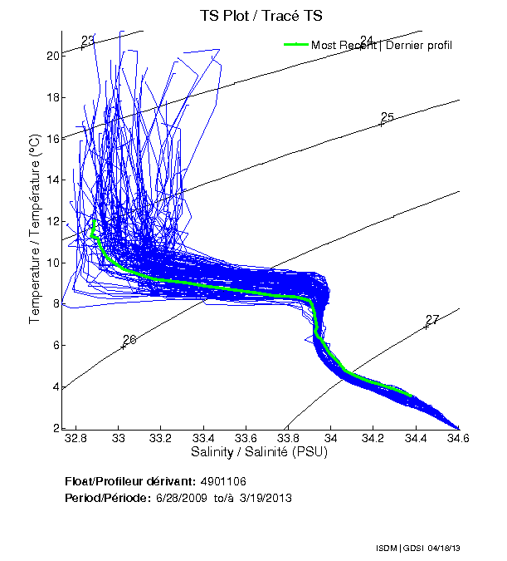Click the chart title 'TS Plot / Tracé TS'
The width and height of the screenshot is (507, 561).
(x=261, y=16)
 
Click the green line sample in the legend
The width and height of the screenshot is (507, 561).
(x=296, y=45)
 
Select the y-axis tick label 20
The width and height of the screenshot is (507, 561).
(x=52, y=56)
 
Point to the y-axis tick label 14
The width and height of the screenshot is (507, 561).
(x=52, y=180)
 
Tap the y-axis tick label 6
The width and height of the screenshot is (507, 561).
(x=56, y=345)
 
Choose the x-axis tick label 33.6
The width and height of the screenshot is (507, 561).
(x=246, y=438)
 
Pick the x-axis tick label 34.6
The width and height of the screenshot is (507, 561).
(x=457, y=438)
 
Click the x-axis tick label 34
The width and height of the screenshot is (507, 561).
(x=330, y=438)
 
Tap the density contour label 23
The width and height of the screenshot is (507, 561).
(x=88, y=40)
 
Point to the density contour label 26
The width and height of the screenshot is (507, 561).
(x=129, y=340)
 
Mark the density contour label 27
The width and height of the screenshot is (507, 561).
(x=431, y=320)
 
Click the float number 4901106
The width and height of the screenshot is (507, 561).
(x=223, y=481)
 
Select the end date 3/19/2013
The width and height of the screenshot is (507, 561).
(x=266, y=498)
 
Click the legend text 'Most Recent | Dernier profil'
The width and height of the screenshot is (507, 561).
(x=382, y=45)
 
